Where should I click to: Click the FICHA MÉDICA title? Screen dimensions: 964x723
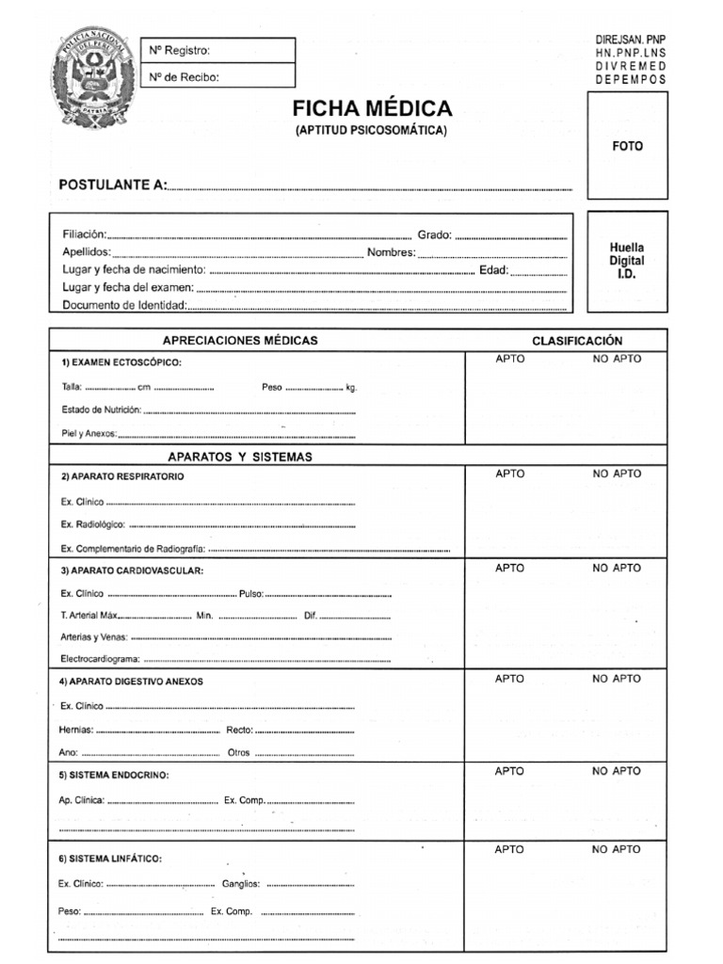tap(372, 108)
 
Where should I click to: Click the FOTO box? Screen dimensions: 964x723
tap(627, 146)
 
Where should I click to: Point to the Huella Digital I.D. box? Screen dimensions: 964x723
tap(627, 261)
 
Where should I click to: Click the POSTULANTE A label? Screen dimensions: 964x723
tap(112, 185)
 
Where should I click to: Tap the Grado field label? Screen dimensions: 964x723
tap(434, 234)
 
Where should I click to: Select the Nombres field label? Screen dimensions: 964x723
tap(391, 252)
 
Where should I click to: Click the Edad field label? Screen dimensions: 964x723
tap(493, 270)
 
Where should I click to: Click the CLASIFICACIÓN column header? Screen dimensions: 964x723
tap(577, 341)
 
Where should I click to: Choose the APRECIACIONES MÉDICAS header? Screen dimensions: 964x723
tap(240, 340)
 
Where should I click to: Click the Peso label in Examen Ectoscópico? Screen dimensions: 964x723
tap(271, 387)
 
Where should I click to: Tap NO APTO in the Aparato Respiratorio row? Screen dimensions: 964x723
tap(617, 474)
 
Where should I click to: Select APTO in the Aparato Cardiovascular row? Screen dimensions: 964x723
tap(510, 568)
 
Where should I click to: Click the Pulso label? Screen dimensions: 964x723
tap(251, 594)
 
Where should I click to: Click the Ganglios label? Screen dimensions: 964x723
tap(241, 884)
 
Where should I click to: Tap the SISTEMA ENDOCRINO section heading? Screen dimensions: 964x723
tap(115, 775)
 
